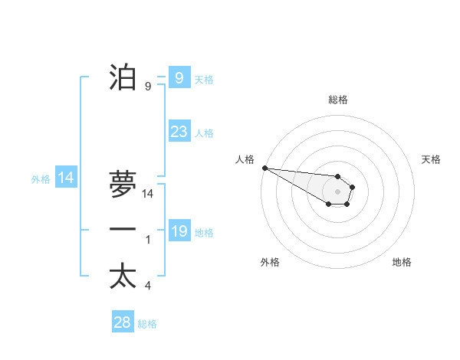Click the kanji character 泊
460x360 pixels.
[123, 77]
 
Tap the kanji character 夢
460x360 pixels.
[123, 184]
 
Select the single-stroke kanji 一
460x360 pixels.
[123, 230]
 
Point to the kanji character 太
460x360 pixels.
[123, 276]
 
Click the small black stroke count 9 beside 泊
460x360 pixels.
[148, 87]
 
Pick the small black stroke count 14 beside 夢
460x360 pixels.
[148, 194]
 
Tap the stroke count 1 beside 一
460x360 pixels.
[148, 240]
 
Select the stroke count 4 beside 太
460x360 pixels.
[148, 286]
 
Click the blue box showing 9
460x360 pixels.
[179, 78]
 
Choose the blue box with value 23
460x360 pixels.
[179, 132]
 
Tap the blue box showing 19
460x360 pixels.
[179, 231]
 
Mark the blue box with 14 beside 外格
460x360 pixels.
[66, 178]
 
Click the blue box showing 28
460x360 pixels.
[123, 322]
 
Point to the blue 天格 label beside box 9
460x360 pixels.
[204, 80]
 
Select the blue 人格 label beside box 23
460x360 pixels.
[204, 133]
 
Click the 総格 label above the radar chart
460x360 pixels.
[337, 100]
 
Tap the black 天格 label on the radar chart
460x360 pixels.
[431, 159]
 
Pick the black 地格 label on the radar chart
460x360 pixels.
[402, 262]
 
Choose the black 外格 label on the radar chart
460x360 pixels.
[270, 262]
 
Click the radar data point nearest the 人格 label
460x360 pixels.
[264, 168]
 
